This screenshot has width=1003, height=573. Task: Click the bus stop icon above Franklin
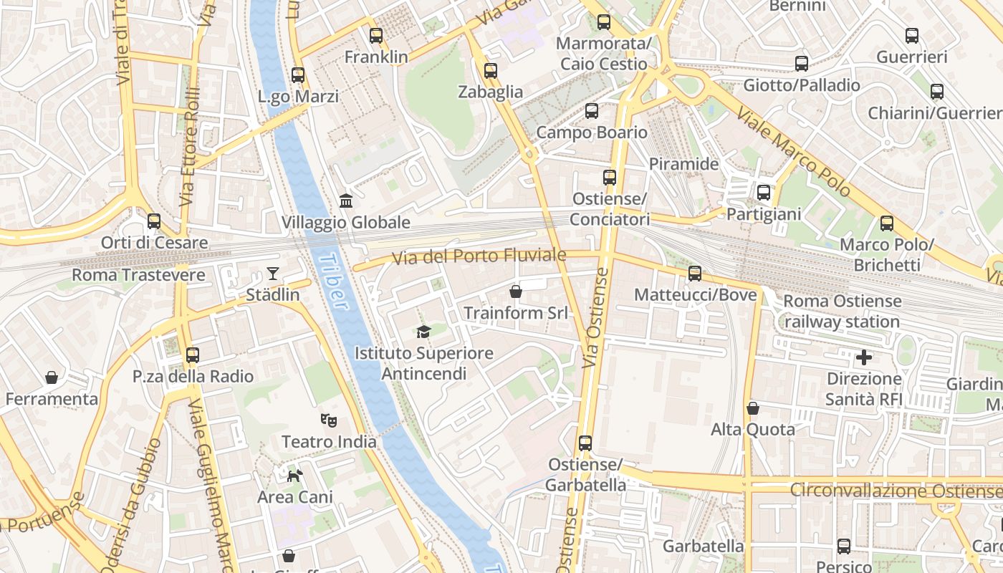(x=375, y=35)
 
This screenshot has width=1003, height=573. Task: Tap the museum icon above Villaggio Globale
(x=346, y=201)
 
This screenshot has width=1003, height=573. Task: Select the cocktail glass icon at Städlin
(x=272, y=273)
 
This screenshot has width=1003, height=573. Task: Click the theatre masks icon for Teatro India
(x=328, y=420)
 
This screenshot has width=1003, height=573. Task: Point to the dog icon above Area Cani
(x=294, y=475)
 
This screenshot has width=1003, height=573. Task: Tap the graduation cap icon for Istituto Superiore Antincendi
(x=424, y=332)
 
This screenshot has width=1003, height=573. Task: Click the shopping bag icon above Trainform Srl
(x=515, y=292)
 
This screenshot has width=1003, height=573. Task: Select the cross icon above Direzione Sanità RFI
(x=864, y=357)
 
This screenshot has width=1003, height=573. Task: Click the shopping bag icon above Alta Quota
(x=752, y=408)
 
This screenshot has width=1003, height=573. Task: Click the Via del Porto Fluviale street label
(x=479, y=256)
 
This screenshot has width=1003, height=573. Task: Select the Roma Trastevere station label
(x=138, y=275)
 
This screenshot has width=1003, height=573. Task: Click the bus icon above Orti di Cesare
(x=153, y=221)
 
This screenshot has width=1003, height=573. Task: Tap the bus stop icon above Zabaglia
(x=490, y=70)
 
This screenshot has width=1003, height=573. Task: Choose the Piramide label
(x=683, y=164)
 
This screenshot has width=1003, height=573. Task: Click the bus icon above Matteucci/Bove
(x=694, y=273)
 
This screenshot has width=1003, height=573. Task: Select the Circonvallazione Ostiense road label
(x=896, y=491)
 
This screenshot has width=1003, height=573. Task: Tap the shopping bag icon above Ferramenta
(x=51, y=377)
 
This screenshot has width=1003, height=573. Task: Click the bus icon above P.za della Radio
(x=192, y=355)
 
